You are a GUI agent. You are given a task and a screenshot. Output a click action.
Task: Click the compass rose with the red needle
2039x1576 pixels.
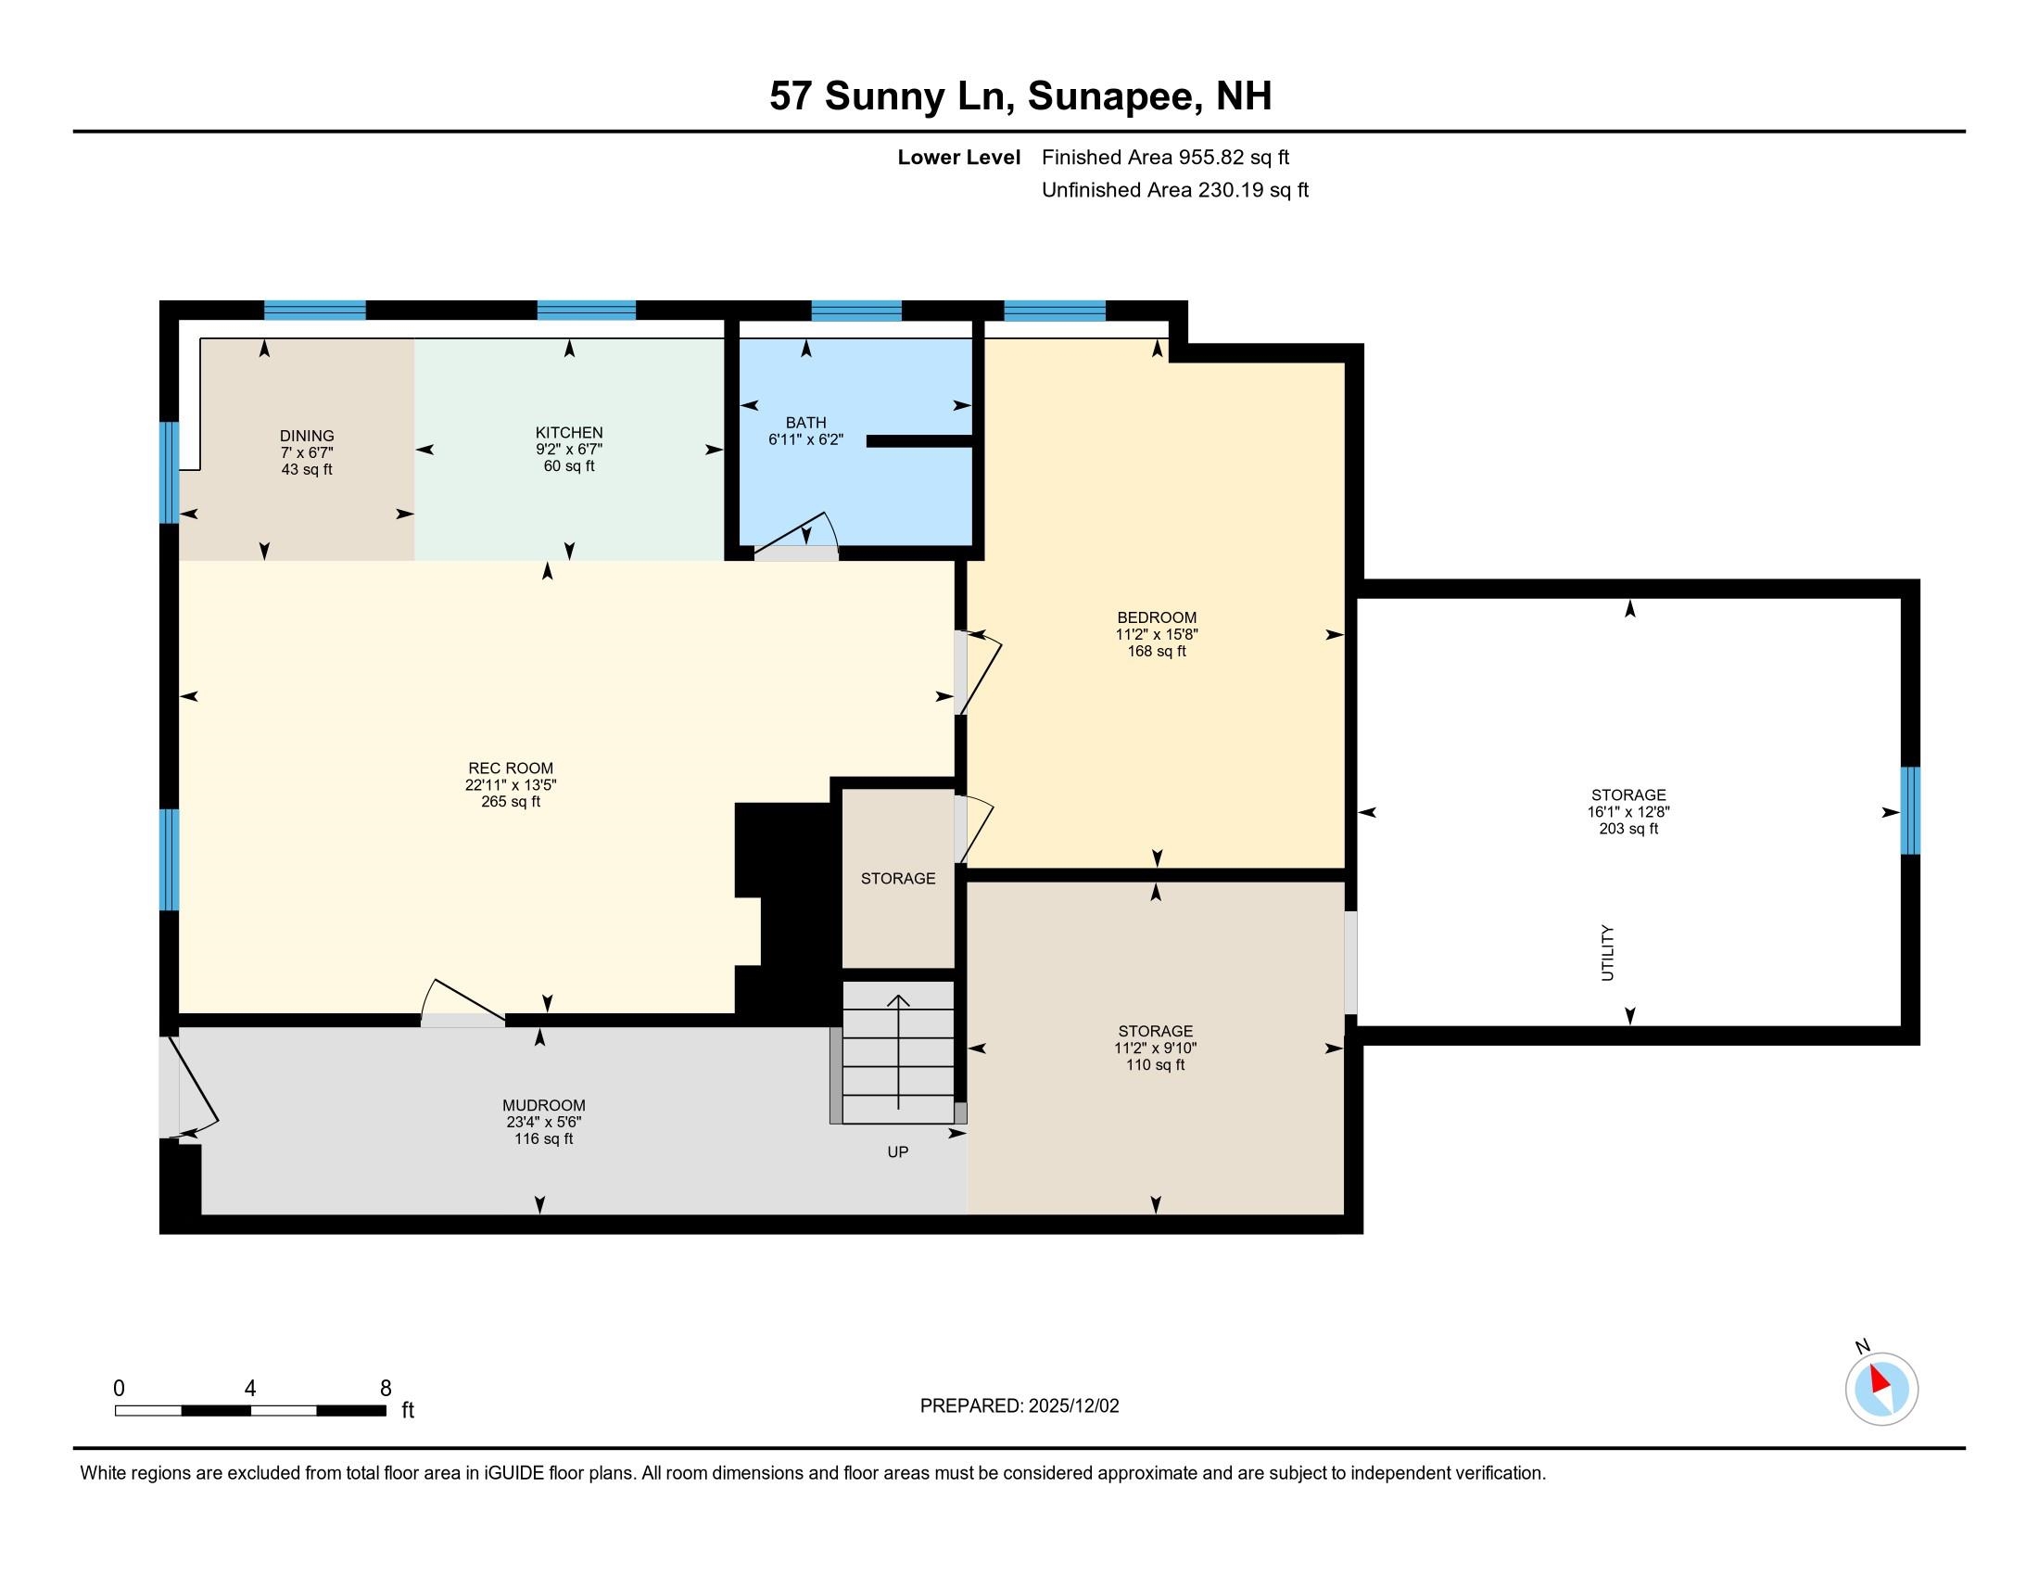(x=1881, y=1389)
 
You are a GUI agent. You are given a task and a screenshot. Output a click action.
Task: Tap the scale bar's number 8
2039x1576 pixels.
(x=385, y=1388)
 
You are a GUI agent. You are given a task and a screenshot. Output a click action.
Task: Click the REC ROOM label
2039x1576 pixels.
(x=510, y=769)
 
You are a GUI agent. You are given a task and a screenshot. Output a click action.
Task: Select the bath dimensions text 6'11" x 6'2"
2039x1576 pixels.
(x=805, y=438)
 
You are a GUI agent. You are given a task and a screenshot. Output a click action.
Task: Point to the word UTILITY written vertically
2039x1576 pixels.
(x=1607, y=952)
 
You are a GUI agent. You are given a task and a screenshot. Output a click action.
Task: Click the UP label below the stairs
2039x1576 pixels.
(x=897, y=1152)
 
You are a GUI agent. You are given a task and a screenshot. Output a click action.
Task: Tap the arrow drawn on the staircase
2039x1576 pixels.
(x=898, y=1050)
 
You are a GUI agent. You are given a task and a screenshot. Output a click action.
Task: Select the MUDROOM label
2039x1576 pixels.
(x=543, y=1105)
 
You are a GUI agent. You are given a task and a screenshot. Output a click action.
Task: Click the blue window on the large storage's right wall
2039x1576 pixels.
(x=1910, y=810)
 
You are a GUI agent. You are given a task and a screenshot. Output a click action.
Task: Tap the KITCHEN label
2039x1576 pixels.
(x=568, y=432)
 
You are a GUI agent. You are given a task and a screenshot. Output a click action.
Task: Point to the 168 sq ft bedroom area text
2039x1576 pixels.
(x=1156, y=651)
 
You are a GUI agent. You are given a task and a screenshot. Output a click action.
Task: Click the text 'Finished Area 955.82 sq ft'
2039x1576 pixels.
(x=1165, y=158)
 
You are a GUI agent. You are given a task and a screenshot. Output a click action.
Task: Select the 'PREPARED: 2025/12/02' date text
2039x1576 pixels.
(x=1019, y=1406)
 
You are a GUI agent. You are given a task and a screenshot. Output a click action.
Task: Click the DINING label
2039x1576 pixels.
(x=306, y=435)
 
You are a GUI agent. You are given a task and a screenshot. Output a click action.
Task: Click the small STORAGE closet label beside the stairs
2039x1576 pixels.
(x=897, y=879)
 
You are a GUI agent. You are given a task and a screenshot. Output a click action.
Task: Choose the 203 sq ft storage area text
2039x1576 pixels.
(x=1628, y=828)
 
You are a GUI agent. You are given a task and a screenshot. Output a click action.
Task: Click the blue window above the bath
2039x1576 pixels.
(x=855, y=310)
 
